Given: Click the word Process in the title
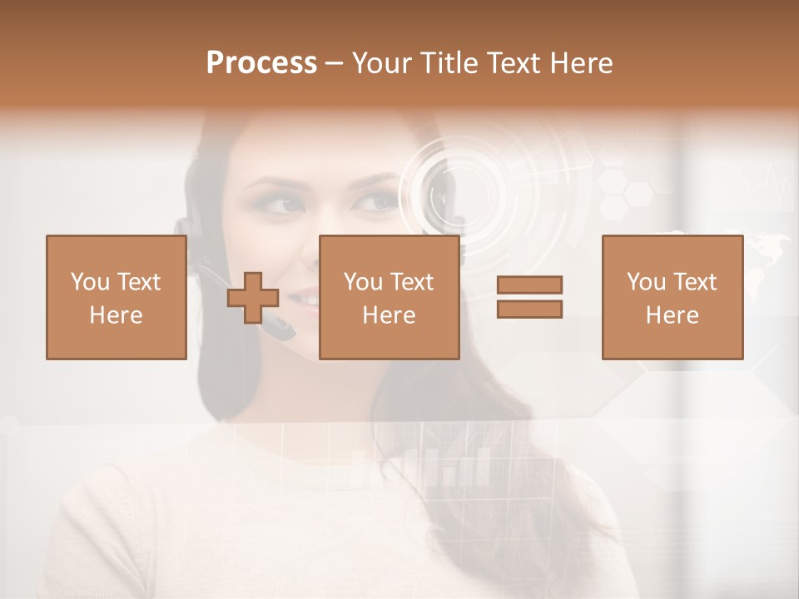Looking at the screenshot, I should pyautogui.click(x=261, y=62).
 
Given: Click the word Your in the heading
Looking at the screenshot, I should pyautogui.click(x=383, y=62).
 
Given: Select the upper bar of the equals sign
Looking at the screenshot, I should pyautogui.click(x=529, y=285).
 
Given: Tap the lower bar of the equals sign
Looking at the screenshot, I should pyautogui.click(x=529, y=309).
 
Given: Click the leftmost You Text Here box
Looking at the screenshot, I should pyautogui.click(x=116, y=297).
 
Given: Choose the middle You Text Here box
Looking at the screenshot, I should pyautogui.click(x=389, y=297).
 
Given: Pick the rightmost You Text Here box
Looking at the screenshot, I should pyautogui.click(x=672, y=297).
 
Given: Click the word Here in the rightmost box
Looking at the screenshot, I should pyautogui.click(x=672, y=315).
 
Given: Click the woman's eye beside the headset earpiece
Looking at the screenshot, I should pyautogui.click(x=284, y=205).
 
